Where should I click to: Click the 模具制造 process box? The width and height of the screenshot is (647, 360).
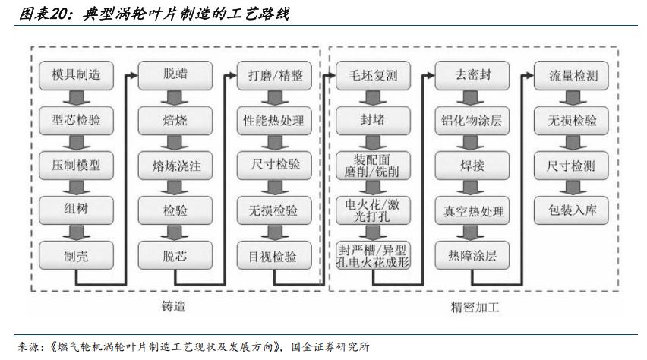[x=76, y=75]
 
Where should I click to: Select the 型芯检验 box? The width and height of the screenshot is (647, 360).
[x=76, y=121]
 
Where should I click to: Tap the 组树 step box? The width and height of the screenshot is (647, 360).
[x=76, y=210]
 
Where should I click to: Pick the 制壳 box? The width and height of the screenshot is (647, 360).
[x=76, y=255]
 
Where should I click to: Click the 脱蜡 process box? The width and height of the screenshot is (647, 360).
[x=175, y=75]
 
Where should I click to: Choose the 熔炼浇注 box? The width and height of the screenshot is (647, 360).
[x=175, y=166]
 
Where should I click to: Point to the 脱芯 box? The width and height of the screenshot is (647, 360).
[x=175, y=255]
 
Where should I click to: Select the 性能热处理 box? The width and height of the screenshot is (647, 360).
[x=274, y=121]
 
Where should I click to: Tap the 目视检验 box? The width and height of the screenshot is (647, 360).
[x=274, y=255]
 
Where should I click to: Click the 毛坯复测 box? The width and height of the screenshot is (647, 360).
[x=373, y=75]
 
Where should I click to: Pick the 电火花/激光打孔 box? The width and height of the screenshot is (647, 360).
[x=373, y=210]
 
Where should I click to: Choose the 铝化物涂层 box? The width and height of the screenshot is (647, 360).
[x=472, y=121]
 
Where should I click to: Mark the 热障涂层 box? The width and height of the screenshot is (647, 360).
[x=472, y=255]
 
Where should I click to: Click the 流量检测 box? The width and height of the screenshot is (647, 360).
[x=571, y=75]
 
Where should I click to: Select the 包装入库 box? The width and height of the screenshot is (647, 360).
[x=571, y=210]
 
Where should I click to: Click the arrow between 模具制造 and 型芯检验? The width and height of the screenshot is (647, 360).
[x=77, y=98]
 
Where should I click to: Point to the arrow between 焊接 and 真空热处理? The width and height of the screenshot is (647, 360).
[x=472, y=188]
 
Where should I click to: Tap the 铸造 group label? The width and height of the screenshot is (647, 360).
[x=173, y=306]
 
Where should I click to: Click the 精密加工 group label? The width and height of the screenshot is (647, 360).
[x=475, y=307]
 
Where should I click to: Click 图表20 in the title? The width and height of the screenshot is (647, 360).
[x=44, y=14]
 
